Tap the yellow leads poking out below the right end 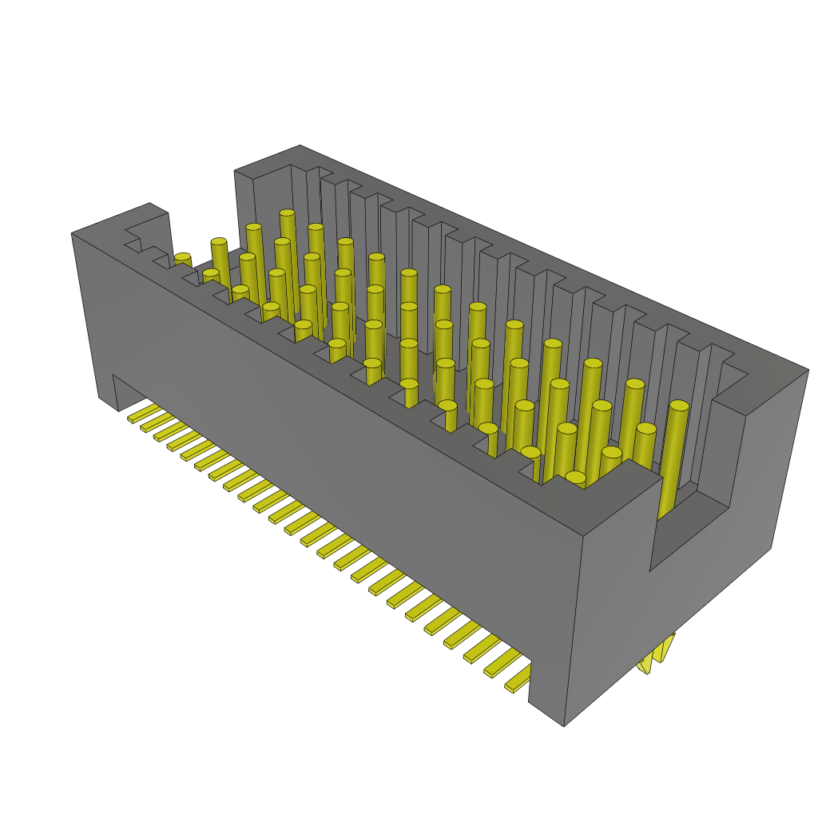pyautogui.click(x=657, y=653)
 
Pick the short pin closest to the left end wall pyautogui.click(x=183, y=260)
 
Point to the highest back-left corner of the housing pyautogui.click(x=300, y=146)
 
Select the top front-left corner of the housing pyautogui.click(x=73, y=233)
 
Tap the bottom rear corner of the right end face pyautogui.click(x=771, y=548)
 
